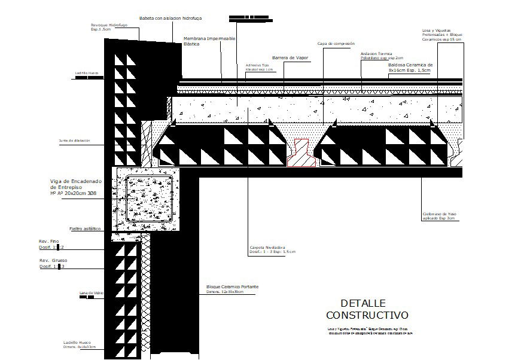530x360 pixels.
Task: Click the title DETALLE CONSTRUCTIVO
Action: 367,309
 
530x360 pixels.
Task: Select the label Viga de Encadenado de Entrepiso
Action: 77,187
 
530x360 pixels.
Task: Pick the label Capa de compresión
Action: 336,44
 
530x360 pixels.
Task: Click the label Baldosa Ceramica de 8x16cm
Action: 410,67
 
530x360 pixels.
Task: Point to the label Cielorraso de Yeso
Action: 439,216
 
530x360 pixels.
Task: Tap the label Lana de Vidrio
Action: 91,293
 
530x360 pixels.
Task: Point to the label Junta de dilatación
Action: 74,141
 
